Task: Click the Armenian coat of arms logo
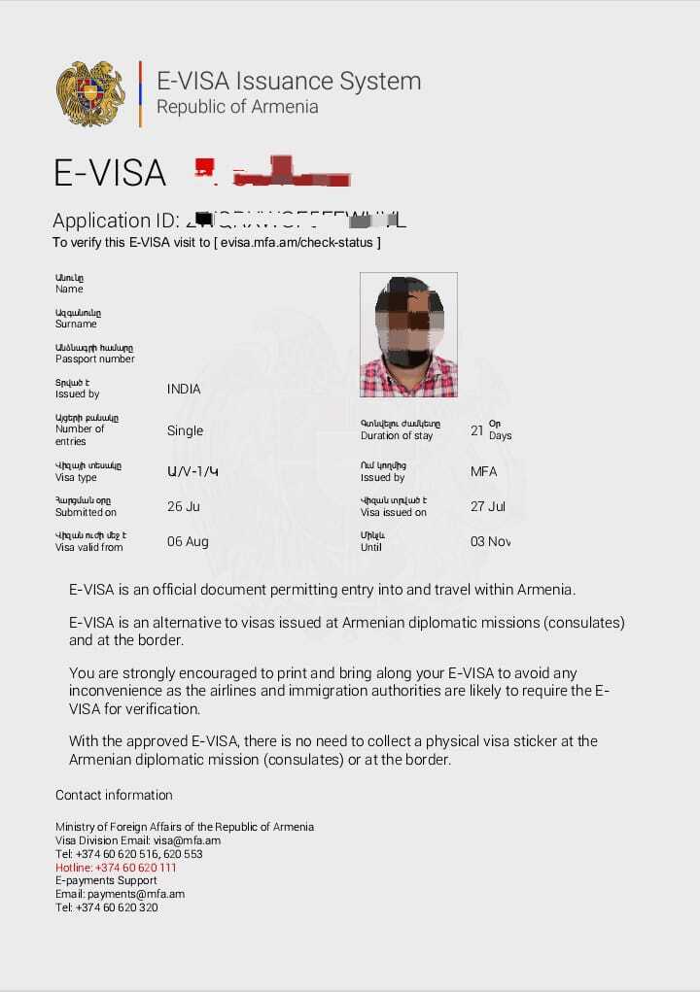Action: point(90,93)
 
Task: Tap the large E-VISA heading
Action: point(110,173)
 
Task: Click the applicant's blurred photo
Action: point(408,334)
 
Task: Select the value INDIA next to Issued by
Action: point(184,389)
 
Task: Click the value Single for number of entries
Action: point(185,430)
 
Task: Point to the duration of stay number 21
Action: point(476,429)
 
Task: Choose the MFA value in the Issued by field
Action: point(483,471)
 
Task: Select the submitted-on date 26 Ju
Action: point(183,506)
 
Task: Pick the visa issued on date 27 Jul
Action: point(488,506)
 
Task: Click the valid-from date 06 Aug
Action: point(188,541)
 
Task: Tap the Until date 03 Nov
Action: point(490,541)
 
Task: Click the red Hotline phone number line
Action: point(116,868)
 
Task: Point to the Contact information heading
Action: point(114,795)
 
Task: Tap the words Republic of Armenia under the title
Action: point(237,107)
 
